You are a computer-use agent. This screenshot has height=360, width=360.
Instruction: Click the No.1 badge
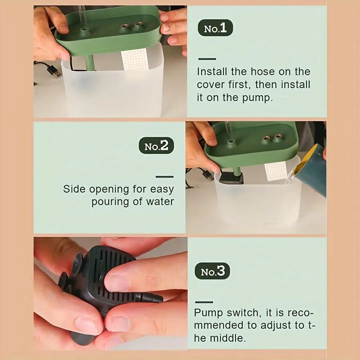[215, 28]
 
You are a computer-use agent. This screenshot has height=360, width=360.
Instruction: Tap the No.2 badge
[156, 146]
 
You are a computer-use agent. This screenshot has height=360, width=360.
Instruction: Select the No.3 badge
[212, 271]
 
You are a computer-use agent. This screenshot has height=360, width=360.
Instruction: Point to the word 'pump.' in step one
[258, 98]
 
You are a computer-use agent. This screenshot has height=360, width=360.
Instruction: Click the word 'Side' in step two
[74, 189]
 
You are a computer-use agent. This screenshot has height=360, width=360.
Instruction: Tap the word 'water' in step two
[160, 202]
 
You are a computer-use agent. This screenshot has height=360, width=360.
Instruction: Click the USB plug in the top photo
[54, 71]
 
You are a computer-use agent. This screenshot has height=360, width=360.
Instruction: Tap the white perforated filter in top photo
[134, 59]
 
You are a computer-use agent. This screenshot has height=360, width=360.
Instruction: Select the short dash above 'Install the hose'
[207, 59]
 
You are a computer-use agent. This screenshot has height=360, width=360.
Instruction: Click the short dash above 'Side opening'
[165, 176]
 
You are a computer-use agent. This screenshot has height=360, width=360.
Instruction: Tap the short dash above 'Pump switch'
[204, 302]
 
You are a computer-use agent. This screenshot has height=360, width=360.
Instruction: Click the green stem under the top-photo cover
[90, 63]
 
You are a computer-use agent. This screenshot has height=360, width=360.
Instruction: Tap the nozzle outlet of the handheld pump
[152, 298]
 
